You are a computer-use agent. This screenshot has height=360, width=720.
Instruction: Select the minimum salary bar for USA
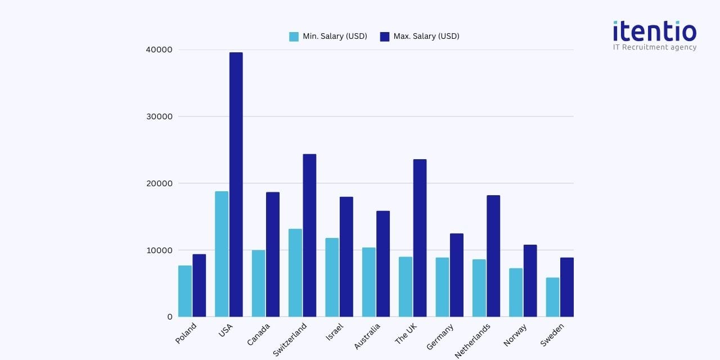(222, 254)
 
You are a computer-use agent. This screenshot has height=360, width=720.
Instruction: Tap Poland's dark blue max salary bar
(199, 285)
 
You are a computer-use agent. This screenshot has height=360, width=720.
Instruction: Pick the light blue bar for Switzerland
(295, 273)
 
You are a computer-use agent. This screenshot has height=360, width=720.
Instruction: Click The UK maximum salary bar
(420, 238)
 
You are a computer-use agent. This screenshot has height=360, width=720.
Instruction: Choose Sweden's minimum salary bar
(552, 297)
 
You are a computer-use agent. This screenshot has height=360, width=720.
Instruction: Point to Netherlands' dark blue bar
(493, 256)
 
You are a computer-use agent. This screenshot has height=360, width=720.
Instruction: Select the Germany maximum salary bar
(457, 275)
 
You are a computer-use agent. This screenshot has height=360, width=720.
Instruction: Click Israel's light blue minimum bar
(332, 277)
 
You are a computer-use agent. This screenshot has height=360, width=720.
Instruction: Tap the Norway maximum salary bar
(530, 281)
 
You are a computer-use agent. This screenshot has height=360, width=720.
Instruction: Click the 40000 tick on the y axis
(159, 49)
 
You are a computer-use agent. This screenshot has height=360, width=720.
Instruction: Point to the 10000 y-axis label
(159, 250)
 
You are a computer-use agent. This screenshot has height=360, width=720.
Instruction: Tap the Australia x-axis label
(367, 336)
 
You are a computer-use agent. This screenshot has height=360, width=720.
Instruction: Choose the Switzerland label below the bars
(290, 339)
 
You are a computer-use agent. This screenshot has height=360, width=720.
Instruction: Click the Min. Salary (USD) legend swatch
(294, 37)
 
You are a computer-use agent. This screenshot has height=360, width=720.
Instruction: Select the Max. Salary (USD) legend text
(426, 37)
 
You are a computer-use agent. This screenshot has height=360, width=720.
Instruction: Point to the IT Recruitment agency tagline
(655, 47)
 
